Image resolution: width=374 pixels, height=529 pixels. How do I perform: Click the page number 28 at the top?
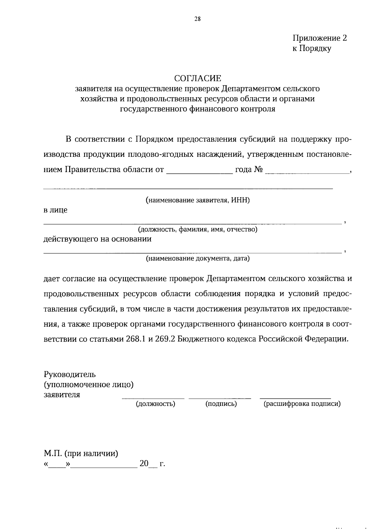(198, 19)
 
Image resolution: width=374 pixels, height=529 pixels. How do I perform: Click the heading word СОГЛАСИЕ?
(198, 78)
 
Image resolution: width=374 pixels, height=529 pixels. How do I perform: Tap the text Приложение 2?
(319, 38)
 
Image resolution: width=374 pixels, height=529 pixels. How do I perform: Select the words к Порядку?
(312, 49)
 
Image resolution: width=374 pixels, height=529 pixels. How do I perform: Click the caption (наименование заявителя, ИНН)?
(198, 200)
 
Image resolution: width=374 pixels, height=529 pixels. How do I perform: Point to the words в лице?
(55, 210)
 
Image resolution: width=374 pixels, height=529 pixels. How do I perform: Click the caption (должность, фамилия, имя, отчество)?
(198, 230)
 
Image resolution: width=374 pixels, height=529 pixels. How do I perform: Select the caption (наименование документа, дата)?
(198, 258)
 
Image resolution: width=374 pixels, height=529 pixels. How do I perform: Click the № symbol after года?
(258, 170)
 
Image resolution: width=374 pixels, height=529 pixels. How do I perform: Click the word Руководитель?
(70, 374)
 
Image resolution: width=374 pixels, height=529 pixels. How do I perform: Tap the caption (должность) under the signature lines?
(155, 404)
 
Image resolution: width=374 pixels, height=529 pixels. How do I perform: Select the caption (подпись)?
(221, 404)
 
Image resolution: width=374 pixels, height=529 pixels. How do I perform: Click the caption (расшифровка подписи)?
(302, 404)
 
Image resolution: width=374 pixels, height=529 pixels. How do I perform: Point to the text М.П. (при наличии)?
(81, 453)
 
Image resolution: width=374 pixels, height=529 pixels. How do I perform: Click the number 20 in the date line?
(144, 464)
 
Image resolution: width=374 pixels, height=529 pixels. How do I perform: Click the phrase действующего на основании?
(97, 239)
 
